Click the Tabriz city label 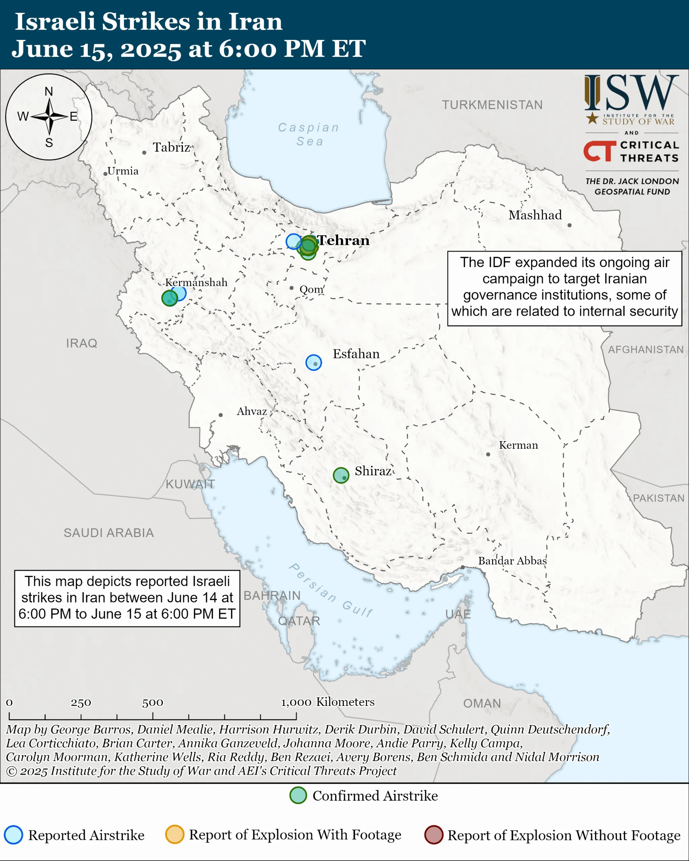[171, 147]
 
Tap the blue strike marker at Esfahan [314, 362]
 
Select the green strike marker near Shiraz [341, 475]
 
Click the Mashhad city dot [569, 225]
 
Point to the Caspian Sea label [309, 134]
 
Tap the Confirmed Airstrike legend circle [298, 795]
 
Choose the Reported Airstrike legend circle [13, 835]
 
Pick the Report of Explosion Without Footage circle [433, 835]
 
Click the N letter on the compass [49, 91]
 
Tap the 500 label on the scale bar [153, 703]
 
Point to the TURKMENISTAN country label [492, 105]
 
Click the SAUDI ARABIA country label [109, 533]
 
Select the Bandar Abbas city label [512, 561]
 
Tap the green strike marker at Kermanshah [169, 298]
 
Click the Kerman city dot [488, 454]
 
